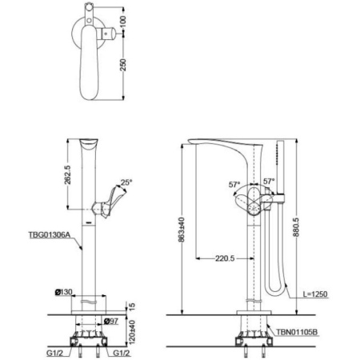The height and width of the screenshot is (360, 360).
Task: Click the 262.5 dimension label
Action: tap(68, 174)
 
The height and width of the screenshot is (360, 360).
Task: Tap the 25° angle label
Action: tap(126, 182)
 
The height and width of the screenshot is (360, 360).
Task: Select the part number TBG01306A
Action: tap(50, 235)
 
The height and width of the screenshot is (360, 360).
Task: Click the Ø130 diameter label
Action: tap(63, 292)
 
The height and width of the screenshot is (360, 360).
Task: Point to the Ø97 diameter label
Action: tap(110, 322)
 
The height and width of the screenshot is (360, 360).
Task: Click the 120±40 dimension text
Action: tap(131, 332)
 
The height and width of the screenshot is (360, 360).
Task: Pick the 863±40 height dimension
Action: tap(182, 230)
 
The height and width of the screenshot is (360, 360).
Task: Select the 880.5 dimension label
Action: tap(296, 227)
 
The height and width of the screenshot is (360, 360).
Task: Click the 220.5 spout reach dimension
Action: tap(225, 258)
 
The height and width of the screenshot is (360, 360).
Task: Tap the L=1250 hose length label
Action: tap(315, 294)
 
